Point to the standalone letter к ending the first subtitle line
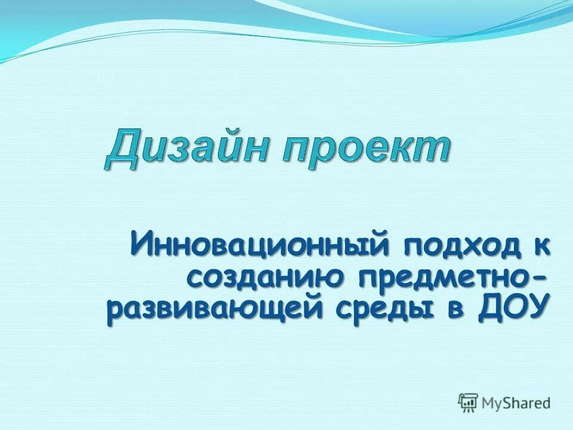[541, 245]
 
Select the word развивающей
[212, 312]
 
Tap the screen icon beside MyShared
[469, 403]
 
